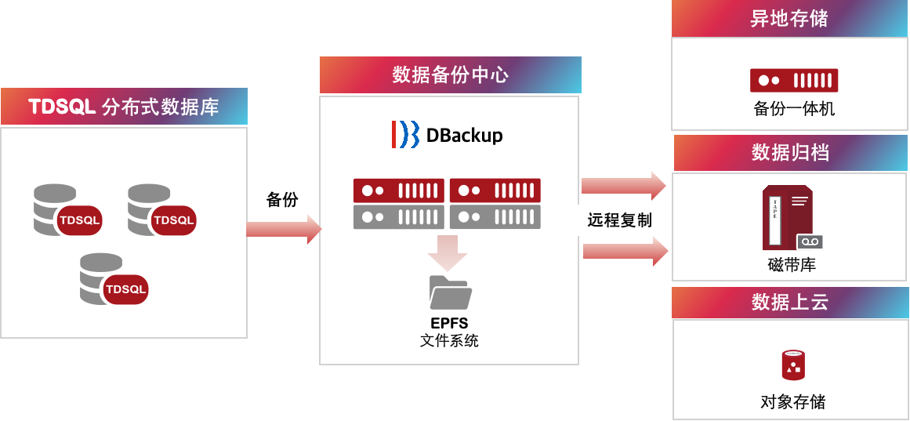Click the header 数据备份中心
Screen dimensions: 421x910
click(450, 75)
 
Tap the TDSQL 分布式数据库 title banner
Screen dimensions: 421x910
click(124, 107)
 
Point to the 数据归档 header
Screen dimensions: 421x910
click(790, 152)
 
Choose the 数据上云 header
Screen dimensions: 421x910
click(790, 302)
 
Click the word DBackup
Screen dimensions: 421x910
click(464, 136)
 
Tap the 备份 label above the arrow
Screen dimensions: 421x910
click(282, 199)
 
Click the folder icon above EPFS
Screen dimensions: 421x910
click(450, 293)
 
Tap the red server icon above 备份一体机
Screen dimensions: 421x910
click(793, 80)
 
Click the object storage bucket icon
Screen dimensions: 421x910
click(793, 365)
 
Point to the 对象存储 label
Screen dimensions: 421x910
click(792, 402)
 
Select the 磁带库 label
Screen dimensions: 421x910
click(792, 264)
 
